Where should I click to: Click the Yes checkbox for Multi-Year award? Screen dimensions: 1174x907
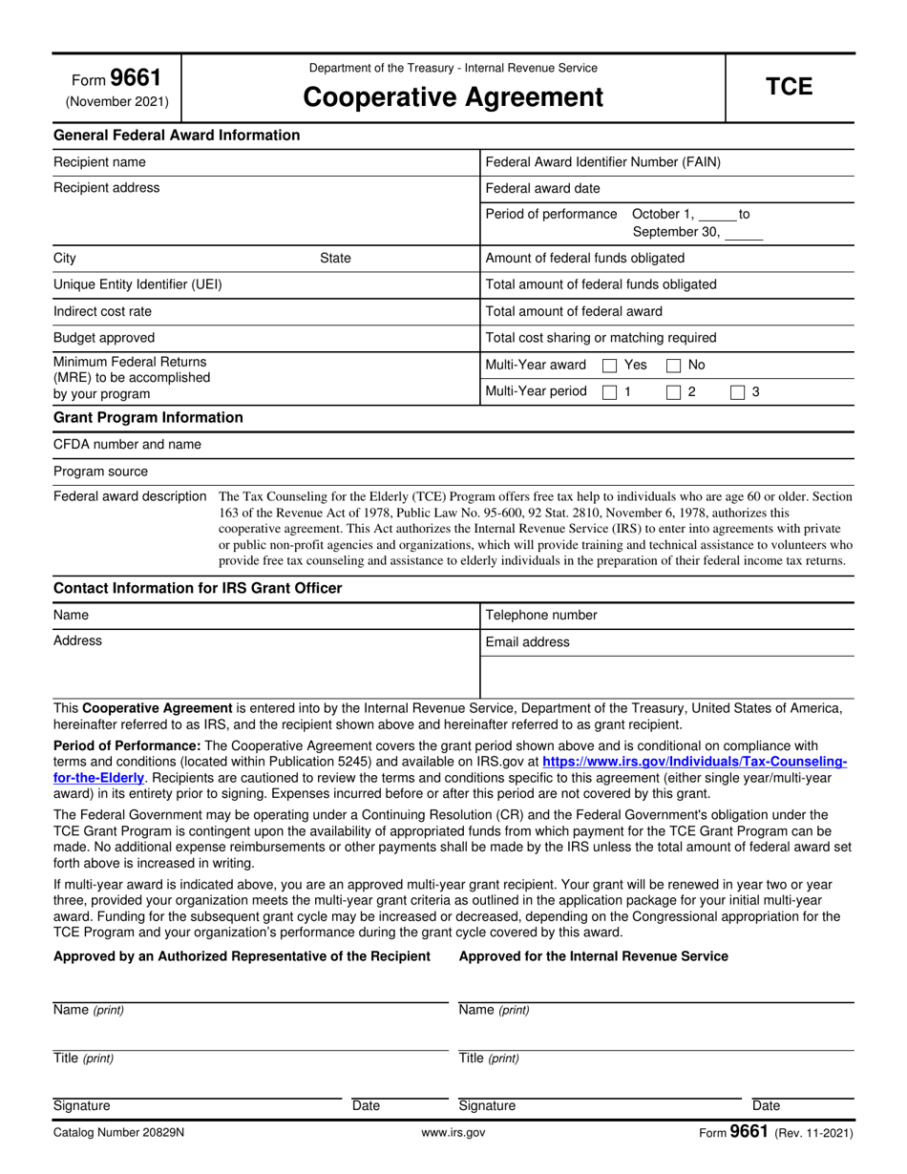tap(609, 365)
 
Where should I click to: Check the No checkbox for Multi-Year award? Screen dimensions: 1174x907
tap(673, 365)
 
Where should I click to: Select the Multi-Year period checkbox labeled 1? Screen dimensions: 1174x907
tap(609, 391)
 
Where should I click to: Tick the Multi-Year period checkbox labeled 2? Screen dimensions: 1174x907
tap(673, 391)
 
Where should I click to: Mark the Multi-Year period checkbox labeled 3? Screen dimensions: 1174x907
tap(737, 391)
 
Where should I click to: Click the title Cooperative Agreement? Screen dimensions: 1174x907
tap(453, 97)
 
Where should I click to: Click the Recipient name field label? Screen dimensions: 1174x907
tap(99, 162)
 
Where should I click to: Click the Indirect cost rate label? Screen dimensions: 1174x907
tap(102, 311)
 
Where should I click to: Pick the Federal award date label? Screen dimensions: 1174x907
tap(542, 188)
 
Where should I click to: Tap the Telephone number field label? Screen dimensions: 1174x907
tap(541, 616)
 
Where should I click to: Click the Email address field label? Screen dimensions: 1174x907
tap(527, 642)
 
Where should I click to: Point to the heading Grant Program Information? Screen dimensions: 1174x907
tap(148, 417)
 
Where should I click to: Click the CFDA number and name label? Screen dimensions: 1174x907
tap(127, 444)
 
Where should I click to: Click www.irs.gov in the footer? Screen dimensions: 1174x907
tap(453, 1133)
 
